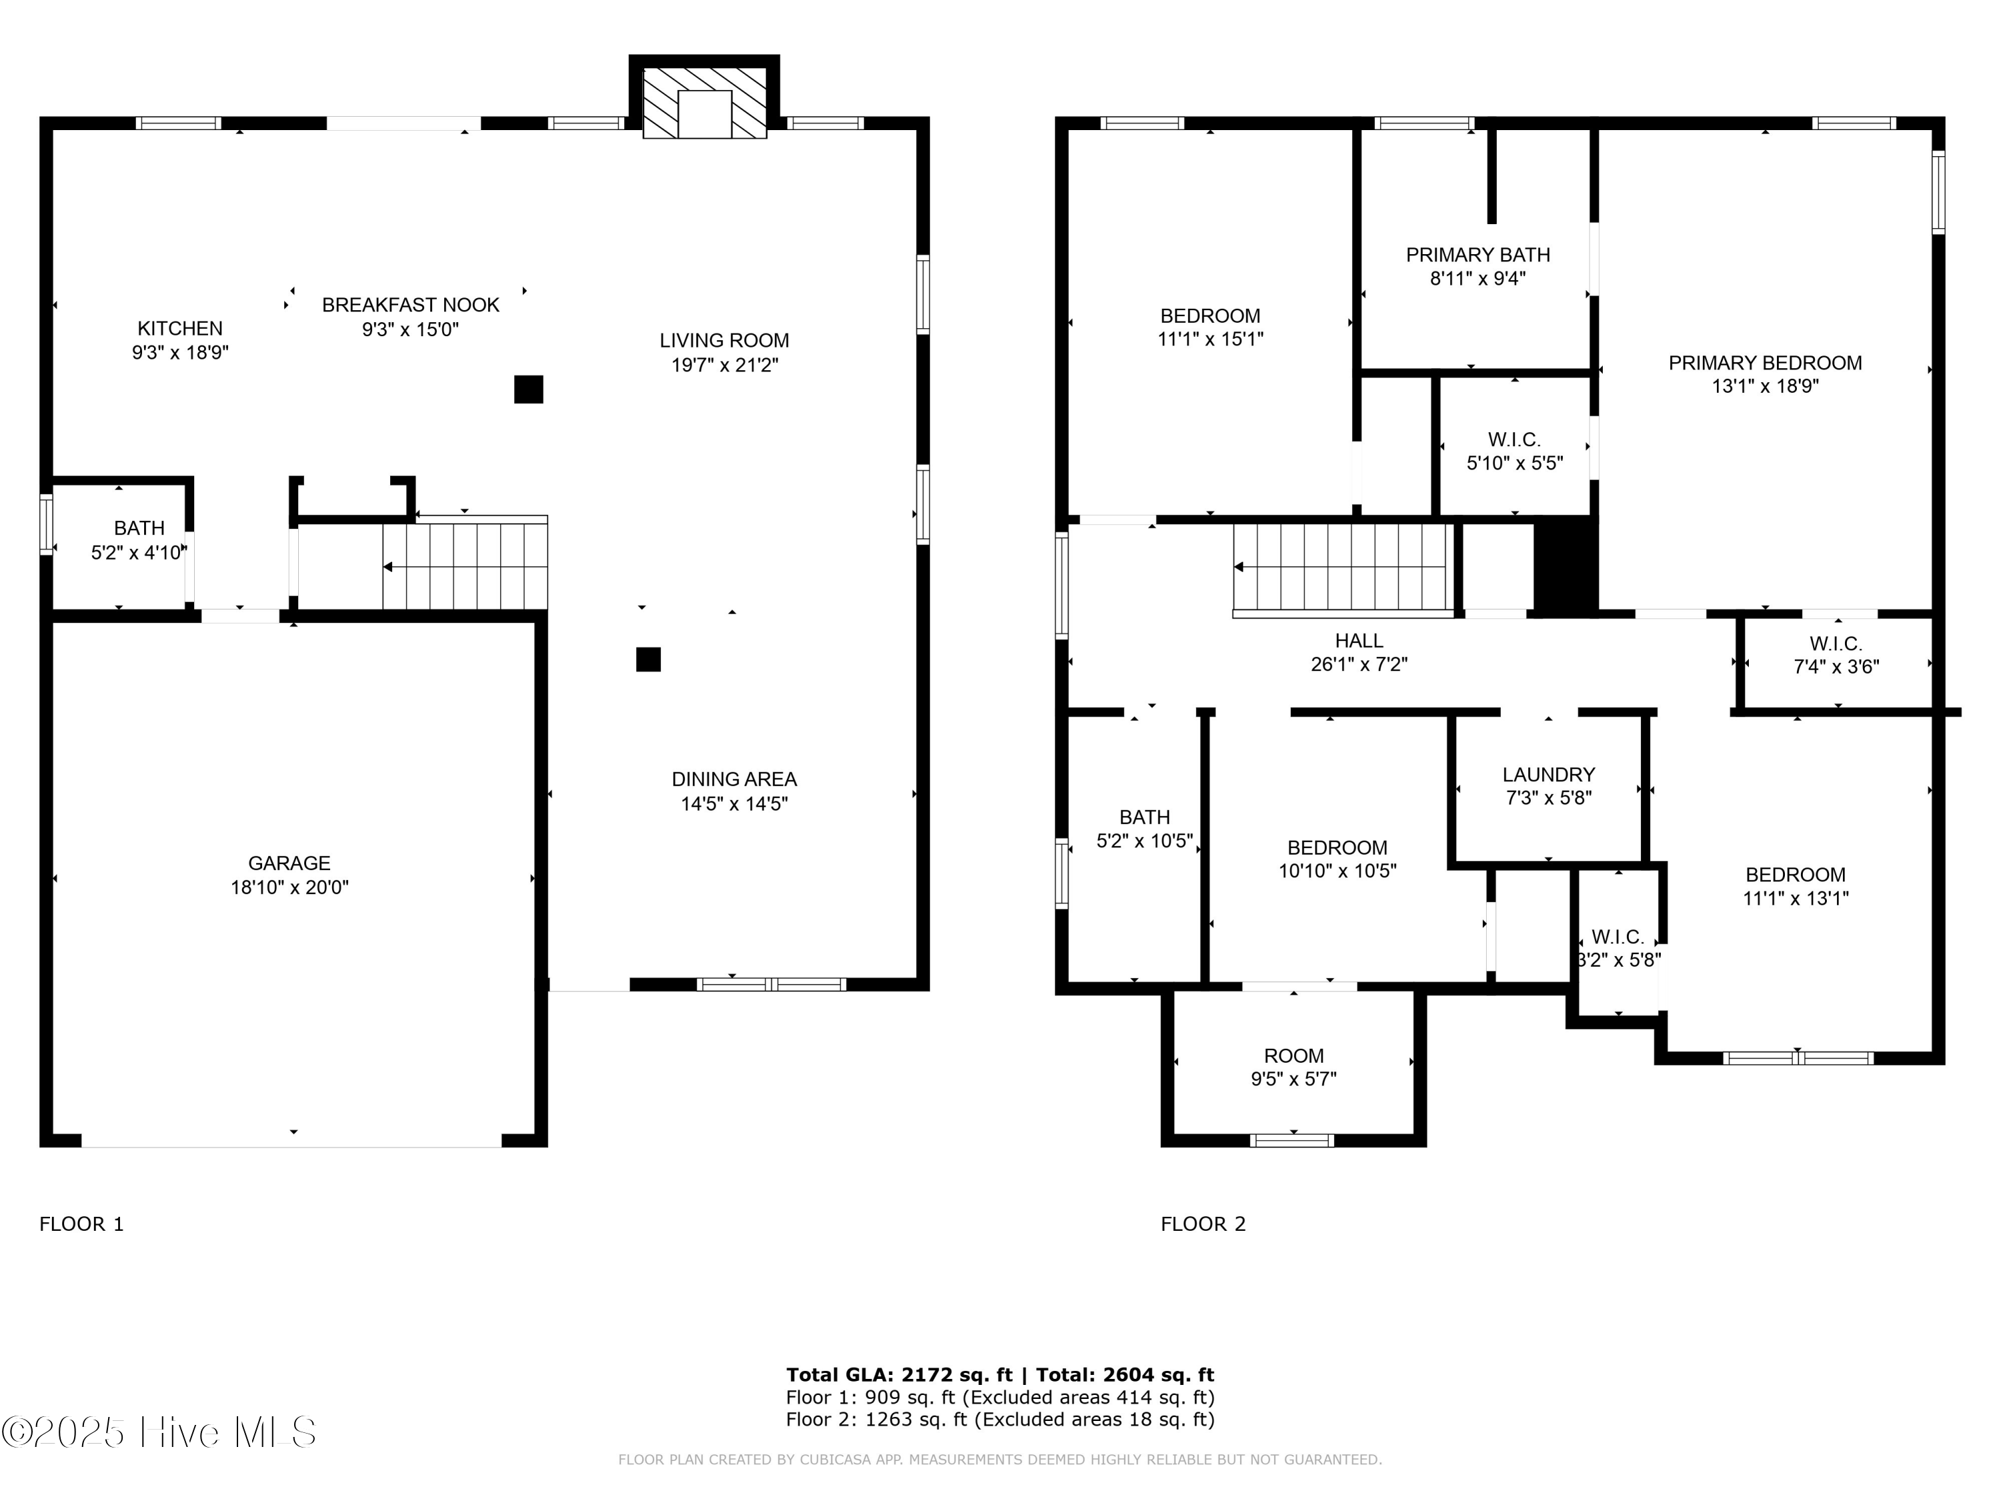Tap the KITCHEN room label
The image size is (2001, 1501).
(179, 328)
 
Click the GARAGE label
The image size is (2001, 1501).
(289, 863)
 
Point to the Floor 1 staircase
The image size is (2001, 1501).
(465, 566)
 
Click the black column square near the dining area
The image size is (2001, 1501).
(648, 660)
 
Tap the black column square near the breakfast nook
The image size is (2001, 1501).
(528, 389)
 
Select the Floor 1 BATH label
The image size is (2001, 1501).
(139, 528)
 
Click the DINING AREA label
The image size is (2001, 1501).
(734, 779)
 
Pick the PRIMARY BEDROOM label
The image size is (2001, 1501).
(1764, 363)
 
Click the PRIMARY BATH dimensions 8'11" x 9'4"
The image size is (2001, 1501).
(1477, 279)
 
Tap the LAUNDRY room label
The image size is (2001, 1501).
(1548, 775)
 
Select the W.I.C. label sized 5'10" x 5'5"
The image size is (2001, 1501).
(1513, 440)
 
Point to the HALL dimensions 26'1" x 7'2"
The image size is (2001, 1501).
(1359, 664)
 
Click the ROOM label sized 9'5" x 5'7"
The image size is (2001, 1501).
(1293, 1056)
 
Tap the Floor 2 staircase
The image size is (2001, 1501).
(1343, 567)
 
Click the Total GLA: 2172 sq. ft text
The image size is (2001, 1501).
(898, 1375)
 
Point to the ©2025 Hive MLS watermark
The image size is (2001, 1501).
(159, 1432)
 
